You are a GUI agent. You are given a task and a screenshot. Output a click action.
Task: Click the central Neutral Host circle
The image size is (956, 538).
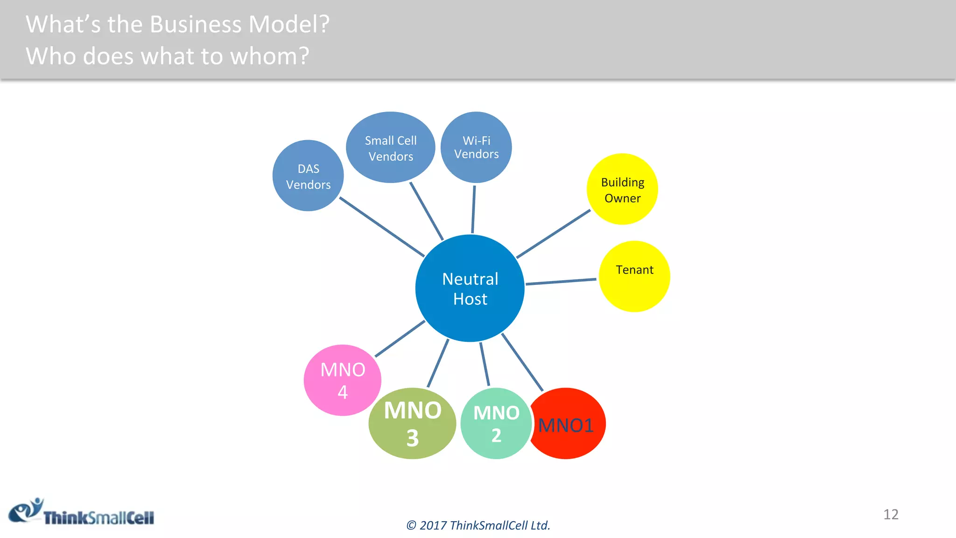(x=470, y=288)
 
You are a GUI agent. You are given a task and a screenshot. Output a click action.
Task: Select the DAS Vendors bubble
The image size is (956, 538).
(x=308, y=176)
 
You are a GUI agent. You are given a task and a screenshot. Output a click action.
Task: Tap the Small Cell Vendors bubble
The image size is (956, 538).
(x=391, y=148)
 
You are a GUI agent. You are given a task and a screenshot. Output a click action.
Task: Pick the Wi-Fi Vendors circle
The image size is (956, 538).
(x=476, y=147)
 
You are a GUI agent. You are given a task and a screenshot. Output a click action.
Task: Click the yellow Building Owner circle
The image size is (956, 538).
(x=622, y=189)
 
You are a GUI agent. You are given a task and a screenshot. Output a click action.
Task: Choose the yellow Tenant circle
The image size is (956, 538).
(x=634, y=276)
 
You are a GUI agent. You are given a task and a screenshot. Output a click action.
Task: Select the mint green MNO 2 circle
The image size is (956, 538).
(x=496, y=424)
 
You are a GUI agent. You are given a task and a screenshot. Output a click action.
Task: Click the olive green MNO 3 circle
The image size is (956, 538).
(x=412, y=424)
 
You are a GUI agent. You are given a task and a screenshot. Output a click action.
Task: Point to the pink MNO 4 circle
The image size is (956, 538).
(x=342, y=380)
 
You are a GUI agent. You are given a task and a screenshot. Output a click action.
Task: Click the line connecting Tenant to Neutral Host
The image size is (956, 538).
(x=561, y=282)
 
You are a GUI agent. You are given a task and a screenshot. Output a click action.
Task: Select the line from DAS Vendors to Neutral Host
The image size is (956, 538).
(x=381, y=227)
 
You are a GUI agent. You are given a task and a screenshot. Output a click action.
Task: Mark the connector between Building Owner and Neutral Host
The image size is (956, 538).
(x=553, y=234)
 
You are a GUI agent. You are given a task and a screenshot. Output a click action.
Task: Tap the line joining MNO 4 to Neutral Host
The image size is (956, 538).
(x=400, y=339)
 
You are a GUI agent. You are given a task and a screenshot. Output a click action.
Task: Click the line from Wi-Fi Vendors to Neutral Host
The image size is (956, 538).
(x=473, y=209)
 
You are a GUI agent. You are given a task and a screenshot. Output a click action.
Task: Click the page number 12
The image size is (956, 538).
(x=891, y=514)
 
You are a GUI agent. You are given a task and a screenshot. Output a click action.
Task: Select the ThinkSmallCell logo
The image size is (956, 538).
(x=82, y=512)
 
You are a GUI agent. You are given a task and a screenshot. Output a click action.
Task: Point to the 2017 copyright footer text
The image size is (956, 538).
(x=478, y=525)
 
